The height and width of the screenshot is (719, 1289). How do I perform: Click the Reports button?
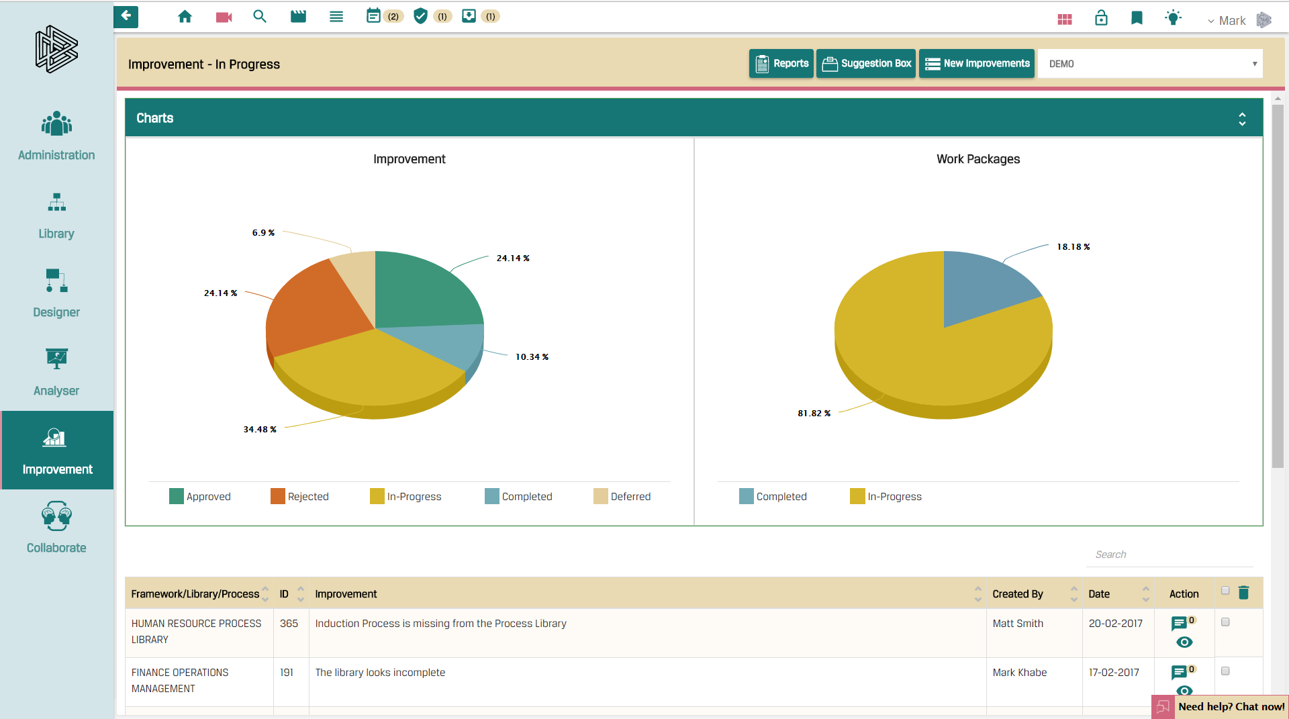click(x=781, y=64)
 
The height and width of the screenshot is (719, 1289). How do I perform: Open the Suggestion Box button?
click(x=866, y=64)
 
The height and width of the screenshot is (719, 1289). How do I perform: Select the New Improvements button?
click(x=977, y=64)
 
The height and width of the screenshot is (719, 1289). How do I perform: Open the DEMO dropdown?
click(x=1150, y=64)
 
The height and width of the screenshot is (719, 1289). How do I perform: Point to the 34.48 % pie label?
click(x=260, y=430)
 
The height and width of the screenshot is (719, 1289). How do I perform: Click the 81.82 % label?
click(x=814, y=414)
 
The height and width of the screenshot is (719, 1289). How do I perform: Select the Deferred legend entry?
click(x=622, y=497)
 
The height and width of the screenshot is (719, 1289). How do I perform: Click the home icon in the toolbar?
click(x=185, y=17)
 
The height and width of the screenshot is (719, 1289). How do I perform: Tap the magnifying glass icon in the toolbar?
click(x=260, y=17)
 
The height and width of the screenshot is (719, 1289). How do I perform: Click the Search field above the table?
click(x=1168, y=555)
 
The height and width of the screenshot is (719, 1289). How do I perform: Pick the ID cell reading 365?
click(x=289, y=624)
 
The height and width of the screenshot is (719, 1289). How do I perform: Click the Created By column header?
click(x=1018, y=594)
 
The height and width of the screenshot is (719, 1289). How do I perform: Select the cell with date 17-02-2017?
click(x=1114, y=673)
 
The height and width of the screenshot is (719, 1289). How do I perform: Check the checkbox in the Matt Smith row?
click(x=1225, y=622)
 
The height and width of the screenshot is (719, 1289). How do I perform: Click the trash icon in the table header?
click(x=1243, y=593)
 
